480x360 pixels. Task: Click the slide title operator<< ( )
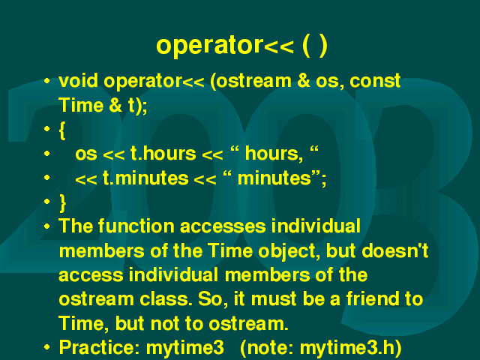(241, 46)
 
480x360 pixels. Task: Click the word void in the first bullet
(78, 81)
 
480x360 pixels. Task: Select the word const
(375, 81)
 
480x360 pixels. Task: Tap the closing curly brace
(62, 203)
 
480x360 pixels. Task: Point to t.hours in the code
(163, 153)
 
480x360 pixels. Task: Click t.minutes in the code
(145, 178)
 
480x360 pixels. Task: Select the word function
(136, 226)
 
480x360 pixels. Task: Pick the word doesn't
(395, 250)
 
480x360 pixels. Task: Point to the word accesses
(223, 226)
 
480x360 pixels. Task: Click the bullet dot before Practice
(46, 347)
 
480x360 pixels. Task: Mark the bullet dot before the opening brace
(46, 129)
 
